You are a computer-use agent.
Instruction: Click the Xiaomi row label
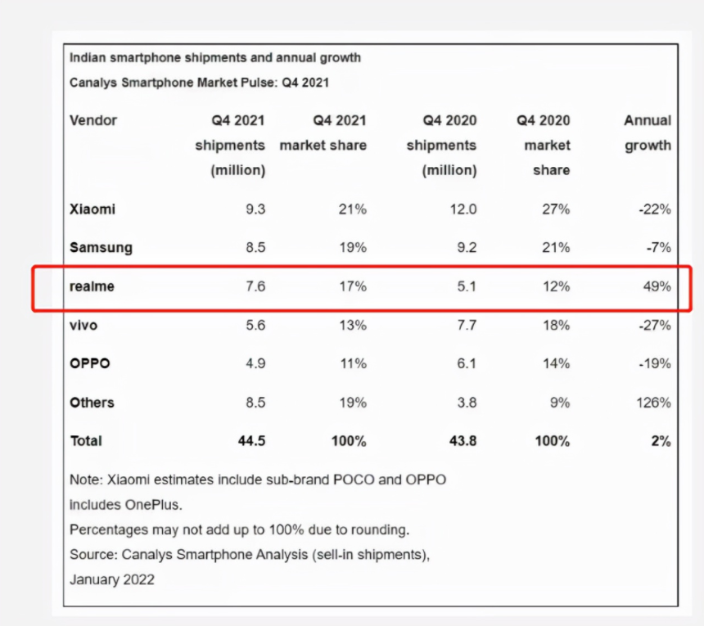pyautogui.click(x=93, y=209)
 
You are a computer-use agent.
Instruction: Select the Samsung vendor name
pyautogui.click(x=101, y=247)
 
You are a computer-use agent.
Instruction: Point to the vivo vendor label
pyautogui.click(x=83, y=325)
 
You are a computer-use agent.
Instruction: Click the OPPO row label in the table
pyautogui.click(x=90, y=363)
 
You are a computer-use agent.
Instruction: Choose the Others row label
pyautogui.click(x=92, y=402)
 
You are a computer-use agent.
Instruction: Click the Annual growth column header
pyautogui.click(x=647, y=133)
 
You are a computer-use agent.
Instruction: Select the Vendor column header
pyautogui.click(x=93, y=120)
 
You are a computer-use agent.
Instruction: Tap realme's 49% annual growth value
pyautogui.click(x=657, y=286)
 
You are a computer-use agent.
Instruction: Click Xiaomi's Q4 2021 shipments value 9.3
pyautogui.click(x=255, y=209)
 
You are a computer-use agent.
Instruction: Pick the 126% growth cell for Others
pyautogui.click(x=653, y=402)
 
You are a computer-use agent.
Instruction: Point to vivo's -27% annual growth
pyautogui.click(x=655, y=325)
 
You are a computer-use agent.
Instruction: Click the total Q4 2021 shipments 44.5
pyautogui.click(x=251, y=441)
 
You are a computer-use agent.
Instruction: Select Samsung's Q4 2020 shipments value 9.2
pyautogui.click(x=464, y=247)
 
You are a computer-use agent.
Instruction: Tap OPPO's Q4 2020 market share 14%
pyautogui.click(x=556, y=363)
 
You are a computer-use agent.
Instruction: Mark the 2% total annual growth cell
pyautogui.click(x=661, y=441)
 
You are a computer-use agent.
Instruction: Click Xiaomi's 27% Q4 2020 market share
pyautogui.click(x=556, y=209)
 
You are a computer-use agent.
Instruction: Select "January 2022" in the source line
pyautogui.click(x=112, y=579)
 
